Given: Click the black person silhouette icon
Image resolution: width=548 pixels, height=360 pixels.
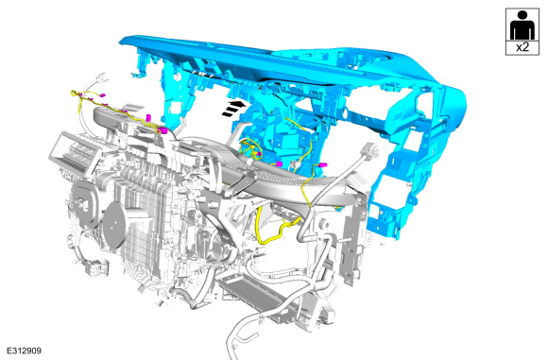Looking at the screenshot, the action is point(522,26).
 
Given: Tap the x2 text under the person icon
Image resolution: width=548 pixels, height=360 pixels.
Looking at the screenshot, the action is point(522,47).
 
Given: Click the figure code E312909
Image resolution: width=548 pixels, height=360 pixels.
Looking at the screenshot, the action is point(25,351).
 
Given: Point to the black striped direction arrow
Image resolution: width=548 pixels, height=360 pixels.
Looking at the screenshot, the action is point(233,108).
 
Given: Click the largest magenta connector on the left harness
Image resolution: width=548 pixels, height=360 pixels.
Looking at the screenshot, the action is point(163,131).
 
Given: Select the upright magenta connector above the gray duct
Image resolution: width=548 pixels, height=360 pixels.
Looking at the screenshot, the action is point(148,117).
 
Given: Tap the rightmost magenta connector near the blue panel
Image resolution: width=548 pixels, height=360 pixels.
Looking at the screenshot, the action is point(322,164).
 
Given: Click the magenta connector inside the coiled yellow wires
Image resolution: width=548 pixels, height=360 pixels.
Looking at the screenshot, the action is point(259,154).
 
